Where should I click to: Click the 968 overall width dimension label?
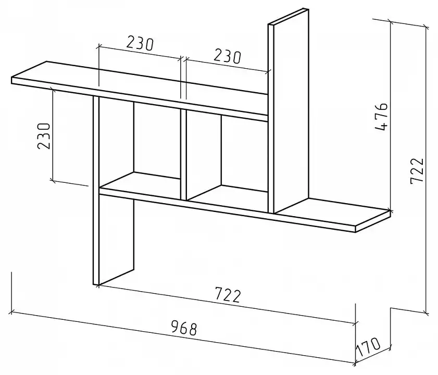tap(184, 328)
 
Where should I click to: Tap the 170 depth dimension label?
tap(368, 347)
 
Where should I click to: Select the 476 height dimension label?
tap(381, 117)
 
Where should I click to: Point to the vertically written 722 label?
tap(417, 171)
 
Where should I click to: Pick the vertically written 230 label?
tap(44, 135)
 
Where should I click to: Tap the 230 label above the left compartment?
tap(140, 43)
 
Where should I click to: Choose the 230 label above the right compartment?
tap(227, 57)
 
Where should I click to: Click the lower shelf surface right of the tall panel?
tap(332, 213)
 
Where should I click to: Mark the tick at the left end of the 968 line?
tap(11, 311)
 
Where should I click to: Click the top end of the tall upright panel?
tap(289, 17)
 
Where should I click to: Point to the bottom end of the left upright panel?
tap(96, 284)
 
